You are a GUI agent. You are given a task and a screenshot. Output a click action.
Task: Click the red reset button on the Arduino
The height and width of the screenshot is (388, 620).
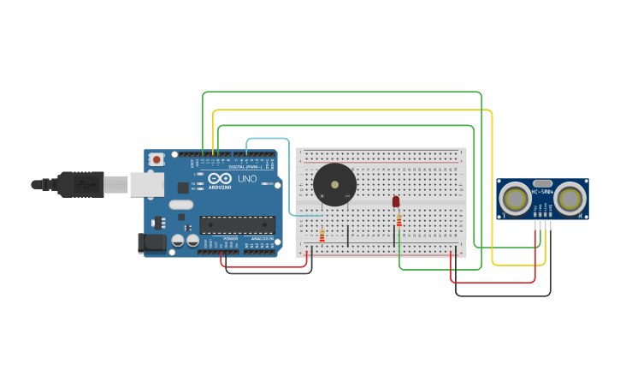coord(156,159)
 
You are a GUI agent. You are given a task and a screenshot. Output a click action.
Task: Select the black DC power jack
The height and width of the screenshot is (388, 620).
coord(152,242)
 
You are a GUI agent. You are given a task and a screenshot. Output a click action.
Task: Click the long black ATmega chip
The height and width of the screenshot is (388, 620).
coord(237,224)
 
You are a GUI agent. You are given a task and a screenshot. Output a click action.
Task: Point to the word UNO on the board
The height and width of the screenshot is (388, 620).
coord(246,179)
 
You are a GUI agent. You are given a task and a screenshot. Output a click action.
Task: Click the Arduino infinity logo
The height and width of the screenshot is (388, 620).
coord(220,178)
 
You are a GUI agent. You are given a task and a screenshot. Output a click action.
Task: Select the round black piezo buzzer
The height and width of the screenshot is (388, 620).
coord(334,184)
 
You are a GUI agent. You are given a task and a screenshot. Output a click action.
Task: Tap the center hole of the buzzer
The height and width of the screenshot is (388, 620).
coord(334,183)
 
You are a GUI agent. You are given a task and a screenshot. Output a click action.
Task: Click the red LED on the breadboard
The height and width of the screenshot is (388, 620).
coord(395,201)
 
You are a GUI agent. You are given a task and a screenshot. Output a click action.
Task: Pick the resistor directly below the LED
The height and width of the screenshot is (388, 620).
coord(399,220)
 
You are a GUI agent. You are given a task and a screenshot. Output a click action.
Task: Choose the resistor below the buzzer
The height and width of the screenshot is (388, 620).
coord(322,236)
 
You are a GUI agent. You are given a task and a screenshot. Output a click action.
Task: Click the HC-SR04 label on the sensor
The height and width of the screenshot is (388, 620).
coord(542,192)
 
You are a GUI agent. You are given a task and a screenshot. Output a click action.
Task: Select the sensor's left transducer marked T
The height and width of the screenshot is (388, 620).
coord(516,199)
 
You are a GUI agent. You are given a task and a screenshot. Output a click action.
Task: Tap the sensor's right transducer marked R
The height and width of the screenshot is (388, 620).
coord(570,199)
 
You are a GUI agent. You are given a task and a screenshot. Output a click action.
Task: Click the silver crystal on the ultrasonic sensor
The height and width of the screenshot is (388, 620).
coord(542,182)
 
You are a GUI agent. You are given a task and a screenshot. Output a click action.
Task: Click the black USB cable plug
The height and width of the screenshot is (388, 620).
coord(81,183)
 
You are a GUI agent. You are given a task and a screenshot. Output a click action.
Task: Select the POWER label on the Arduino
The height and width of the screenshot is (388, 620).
coord(231,239)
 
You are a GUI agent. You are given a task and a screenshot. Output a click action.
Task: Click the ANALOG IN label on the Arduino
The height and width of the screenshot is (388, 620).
coord(260,239)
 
